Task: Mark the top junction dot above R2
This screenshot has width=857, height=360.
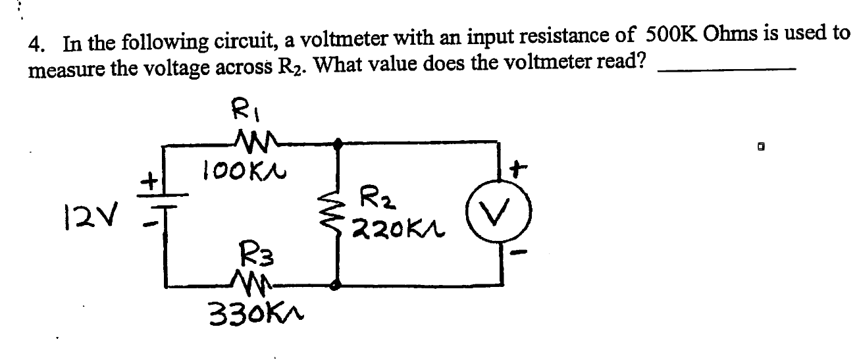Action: (x=338, y=142)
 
